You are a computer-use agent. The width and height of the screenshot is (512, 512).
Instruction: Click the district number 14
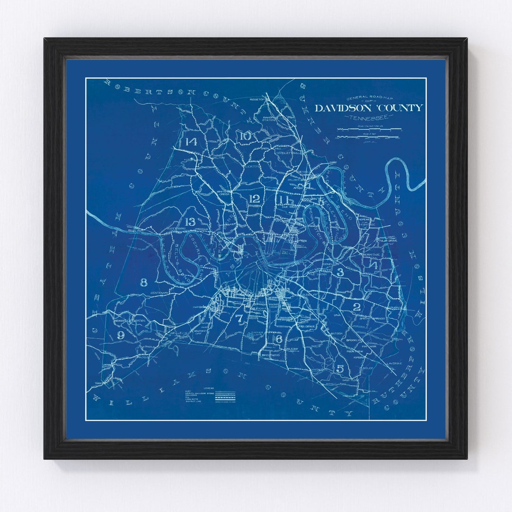pyautogui.click(x=191, y=142)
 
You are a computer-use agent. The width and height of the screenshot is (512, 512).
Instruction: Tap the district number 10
pyautogui.click(x=245, y=136)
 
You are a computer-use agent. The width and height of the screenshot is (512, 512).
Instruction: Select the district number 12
pyautogui.click(x=254, y=199)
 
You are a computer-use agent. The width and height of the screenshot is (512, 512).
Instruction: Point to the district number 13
pyautogui.click(x=190, y=221)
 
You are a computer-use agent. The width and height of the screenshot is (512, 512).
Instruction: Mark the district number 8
pyautogui.click(x=144, y=283)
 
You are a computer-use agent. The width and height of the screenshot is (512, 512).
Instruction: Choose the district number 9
pyautogui.click(x=120, y=335)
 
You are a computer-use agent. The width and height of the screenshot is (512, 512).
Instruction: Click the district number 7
pyautogui.click(x=240, y=319)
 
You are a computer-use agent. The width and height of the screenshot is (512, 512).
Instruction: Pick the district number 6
pyautogui.click(x=279, y=339)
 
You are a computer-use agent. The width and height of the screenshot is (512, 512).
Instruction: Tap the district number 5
pyautogui.click(x=340, y=368)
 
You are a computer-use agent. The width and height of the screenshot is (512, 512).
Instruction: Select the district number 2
pyautogui.click(x=357, y=307)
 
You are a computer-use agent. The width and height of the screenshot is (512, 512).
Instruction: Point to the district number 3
pyautogui.click(x=340, y=272)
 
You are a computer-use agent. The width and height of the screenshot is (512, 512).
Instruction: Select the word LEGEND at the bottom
pyautogui.click(x=209, y=388)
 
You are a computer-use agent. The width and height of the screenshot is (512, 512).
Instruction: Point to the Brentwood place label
pyautogui.click(x=271, y=354)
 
